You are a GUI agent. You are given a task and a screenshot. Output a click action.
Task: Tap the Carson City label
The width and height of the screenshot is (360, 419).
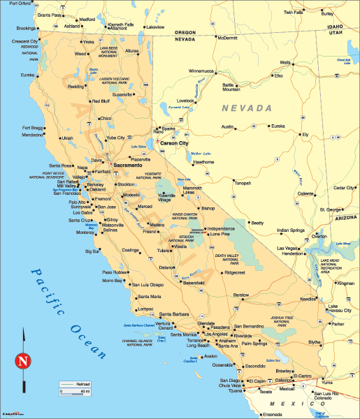pyautogui.click(x=175, y=142)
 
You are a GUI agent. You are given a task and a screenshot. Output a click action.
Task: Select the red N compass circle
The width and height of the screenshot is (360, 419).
pyautogui.click(x=23, y=362)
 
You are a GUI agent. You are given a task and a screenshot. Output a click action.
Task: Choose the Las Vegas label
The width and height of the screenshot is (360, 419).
pyautogui.click(x=288, y=248)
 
